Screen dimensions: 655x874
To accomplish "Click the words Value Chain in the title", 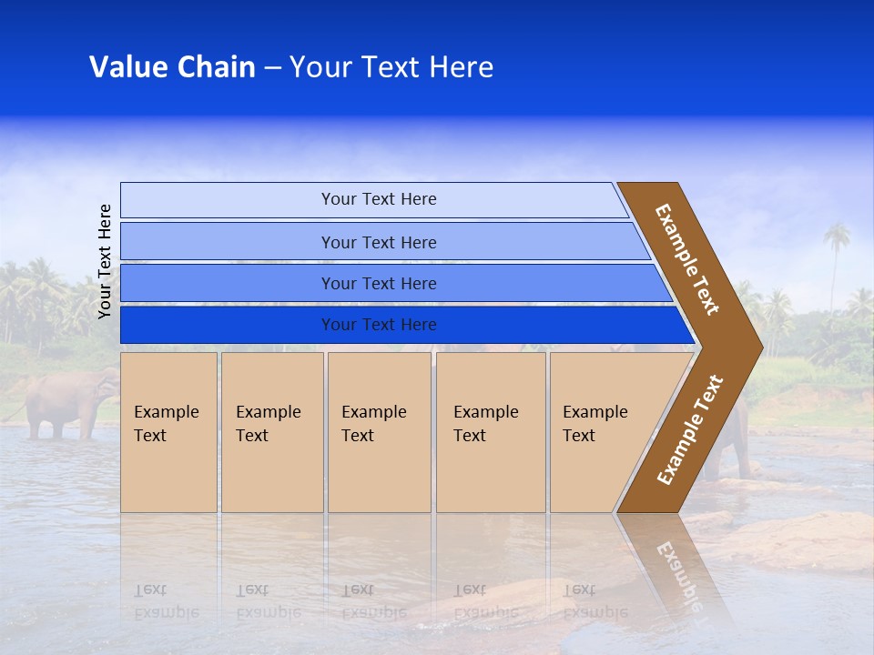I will [172, 67].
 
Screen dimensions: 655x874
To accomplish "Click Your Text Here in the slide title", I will [391, 67].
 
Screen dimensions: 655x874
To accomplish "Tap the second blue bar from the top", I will [379, 242].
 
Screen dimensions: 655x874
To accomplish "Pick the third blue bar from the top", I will [379, 283].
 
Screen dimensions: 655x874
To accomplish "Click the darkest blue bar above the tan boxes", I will [379, 325].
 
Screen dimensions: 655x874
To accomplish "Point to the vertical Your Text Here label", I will [105, 261].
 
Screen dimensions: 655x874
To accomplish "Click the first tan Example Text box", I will [168, 431].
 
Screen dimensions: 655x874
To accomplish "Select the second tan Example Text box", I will [271, 431].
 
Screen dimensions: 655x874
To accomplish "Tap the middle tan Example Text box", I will [379, 431].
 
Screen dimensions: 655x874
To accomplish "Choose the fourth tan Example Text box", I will [490, 431].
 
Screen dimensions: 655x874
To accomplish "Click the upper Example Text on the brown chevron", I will [687, 259].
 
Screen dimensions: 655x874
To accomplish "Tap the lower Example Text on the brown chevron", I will [690, 430].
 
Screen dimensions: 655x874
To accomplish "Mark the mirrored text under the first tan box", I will [166, 600].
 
